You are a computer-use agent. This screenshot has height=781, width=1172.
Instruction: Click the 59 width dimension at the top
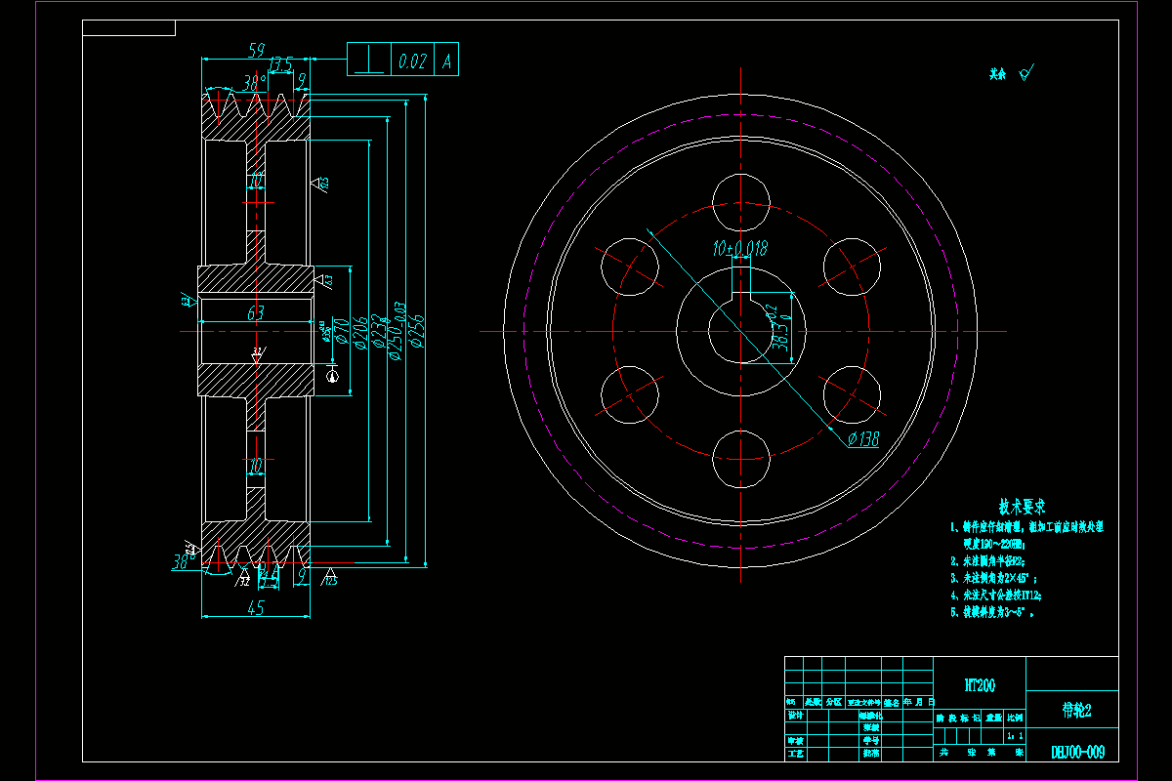click(x=257, y=49)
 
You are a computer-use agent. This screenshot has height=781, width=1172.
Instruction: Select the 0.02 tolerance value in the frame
click(x=412, y=61)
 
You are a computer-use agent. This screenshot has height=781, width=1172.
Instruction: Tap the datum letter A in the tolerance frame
click(x=447, y=61)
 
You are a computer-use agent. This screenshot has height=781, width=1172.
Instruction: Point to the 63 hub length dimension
click(x=256, y=314)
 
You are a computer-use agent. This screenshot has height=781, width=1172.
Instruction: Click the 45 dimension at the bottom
click(x=256, y=608)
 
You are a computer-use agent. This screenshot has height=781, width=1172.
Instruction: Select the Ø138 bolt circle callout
click(x=862, y=439)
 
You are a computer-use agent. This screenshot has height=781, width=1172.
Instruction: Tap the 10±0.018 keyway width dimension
click(x=740, y=250)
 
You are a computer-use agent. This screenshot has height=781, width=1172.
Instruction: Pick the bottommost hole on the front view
click(x=741, y=458)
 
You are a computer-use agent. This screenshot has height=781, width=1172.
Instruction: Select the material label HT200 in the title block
click(x=980, y=686)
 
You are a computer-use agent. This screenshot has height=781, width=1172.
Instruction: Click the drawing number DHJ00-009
click(x=1077, y=752)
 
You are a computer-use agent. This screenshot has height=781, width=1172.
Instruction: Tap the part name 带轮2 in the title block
click(x=1075, y=710)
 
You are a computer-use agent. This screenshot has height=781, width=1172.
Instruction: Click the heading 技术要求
click(x=1022, y=508)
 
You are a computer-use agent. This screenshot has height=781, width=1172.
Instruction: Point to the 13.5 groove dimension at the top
click(x=281, y=65)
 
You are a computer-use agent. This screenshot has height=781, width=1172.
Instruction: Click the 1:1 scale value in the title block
click(x=1017, y=735)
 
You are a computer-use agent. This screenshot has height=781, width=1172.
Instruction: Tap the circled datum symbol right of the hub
click(x=333, y=374)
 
